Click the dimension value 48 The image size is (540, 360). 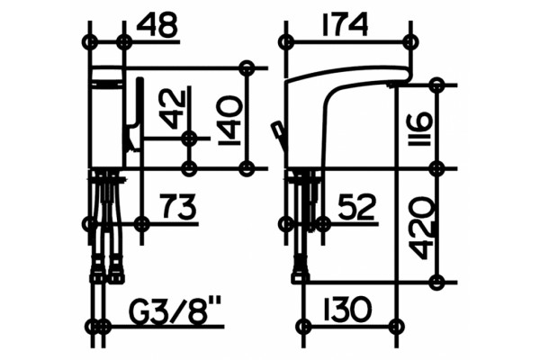(157, 26)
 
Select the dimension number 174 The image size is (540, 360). (345, 24)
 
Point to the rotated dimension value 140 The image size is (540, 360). (230, 121)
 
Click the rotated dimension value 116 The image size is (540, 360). (419, 129)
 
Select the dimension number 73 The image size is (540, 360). (179, 206)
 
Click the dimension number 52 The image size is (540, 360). (356, 207)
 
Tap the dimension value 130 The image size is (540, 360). (347, 309)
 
